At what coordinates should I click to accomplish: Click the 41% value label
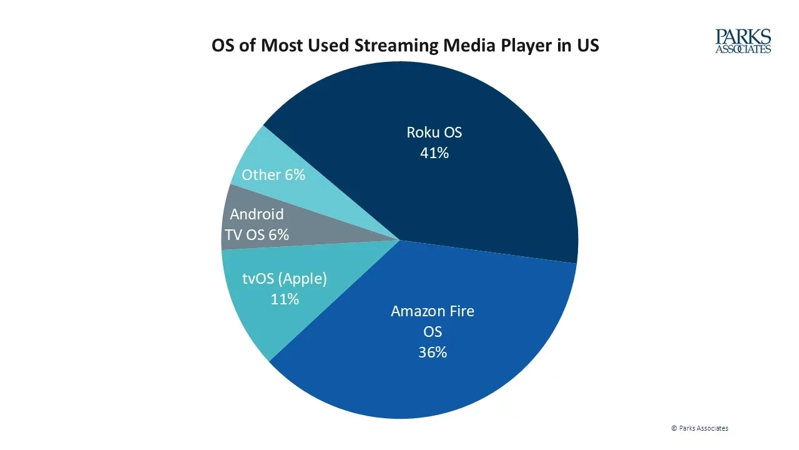[434, 153]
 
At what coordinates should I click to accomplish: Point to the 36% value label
[433, 352]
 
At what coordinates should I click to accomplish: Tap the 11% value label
[285, 299]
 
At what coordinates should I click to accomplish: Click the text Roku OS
[434, 132]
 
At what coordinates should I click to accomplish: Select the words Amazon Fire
[433, 311]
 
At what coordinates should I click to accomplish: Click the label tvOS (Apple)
[285, 279]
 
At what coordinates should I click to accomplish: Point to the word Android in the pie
[257, 214]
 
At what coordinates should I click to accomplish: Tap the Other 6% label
[273, 175]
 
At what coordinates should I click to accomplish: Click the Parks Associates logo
[743, 41]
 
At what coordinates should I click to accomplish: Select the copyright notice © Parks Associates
[699, 428]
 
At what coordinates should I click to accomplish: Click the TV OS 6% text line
[257, 235]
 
